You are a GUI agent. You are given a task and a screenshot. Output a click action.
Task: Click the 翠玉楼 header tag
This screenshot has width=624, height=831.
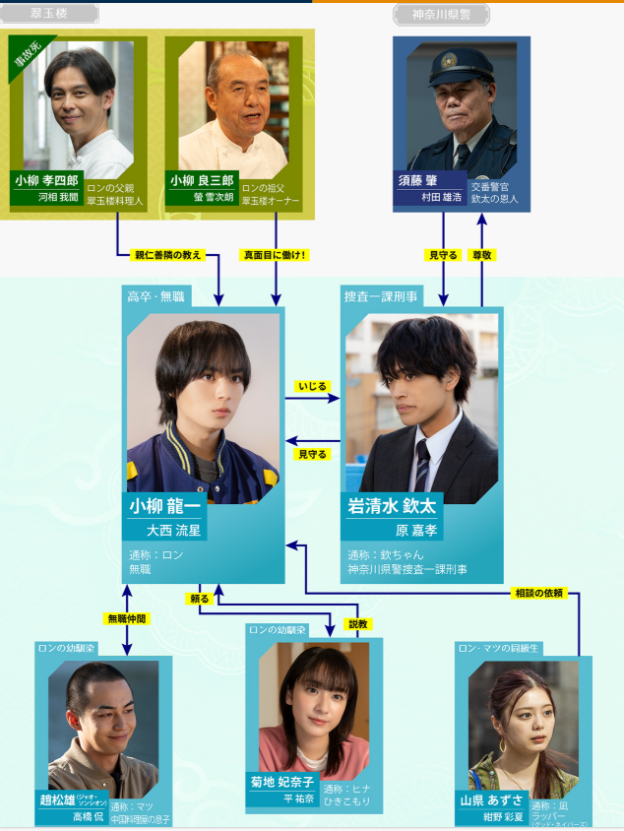50,14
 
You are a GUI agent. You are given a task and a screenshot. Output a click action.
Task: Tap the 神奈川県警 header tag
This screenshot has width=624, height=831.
442,14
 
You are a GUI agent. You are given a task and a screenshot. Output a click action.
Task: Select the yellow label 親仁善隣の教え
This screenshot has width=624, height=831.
167,255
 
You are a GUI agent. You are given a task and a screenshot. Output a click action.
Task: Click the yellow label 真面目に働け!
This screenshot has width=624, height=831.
276,255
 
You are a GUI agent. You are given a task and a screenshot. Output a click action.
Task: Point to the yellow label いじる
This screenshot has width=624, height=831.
313,387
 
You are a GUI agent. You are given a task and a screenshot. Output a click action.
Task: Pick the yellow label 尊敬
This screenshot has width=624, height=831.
482,255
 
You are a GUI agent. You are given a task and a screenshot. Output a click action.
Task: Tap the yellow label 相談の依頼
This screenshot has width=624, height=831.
539,593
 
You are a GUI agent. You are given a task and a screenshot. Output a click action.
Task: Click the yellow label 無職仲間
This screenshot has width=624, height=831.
126,618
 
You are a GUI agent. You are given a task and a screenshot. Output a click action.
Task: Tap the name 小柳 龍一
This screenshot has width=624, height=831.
165,506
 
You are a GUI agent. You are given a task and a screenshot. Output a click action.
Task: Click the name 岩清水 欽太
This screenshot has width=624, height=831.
392,506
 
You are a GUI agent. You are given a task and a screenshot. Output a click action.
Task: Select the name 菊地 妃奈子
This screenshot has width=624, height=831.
282,782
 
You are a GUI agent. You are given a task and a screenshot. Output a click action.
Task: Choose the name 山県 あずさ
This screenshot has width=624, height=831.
493,799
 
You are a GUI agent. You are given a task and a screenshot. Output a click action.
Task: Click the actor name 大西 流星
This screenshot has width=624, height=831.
173,530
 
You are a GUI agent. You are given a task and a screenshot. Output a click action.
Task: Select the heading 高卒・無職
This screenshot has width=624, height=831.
156,295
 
